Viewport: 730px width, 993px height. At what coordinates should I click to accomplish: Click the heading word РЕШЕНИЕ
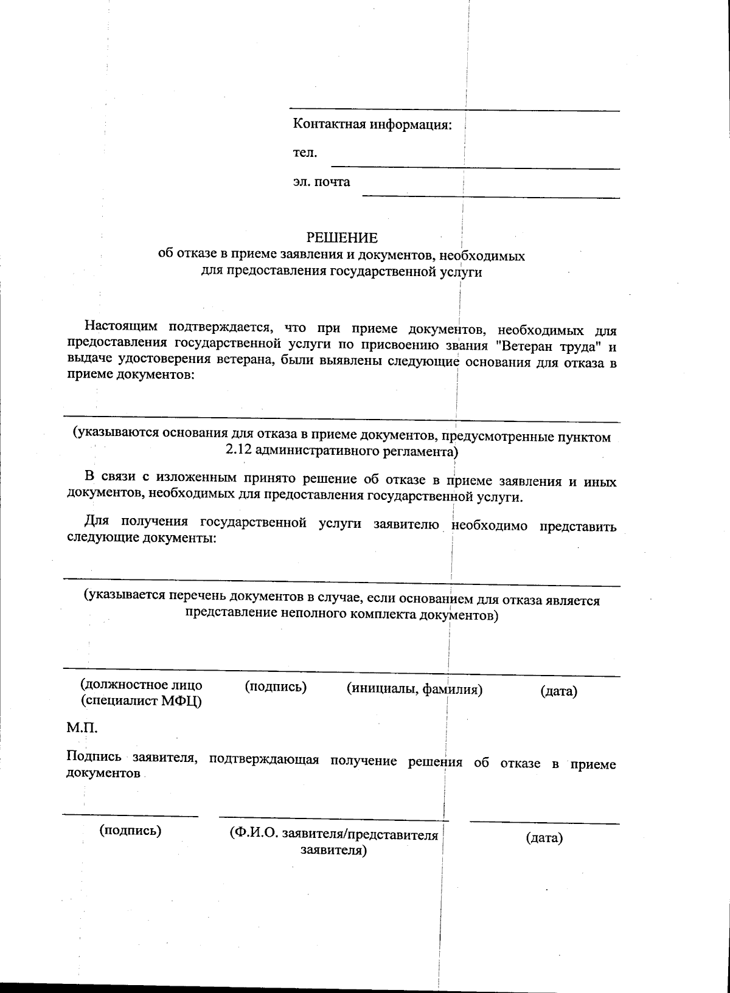coord(341,237)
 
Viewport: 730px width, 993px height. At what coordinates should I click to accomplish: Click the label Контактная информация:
coord(372,125)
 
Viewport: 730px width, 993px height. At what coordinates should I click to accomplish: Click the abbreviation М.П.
coord(82,728)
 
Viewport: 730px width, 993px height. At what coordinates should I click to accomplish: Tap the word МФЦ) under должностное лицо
coord(182,701)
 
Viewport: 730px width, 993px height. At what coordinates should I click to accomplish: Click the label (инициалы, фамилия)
coord(414,688)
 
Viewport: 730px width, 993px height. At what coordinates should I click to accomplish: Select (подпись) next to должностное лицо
coord(275,687)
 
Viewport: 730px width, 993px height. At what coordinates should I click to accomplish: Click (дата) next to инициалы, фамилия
coord(558,691)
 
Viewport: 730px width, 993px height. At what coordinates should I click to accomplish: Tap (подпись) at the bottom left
coord(130,830)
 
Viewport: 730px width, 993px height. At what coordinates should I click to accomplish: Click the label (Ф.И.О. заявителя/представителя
coord(333,834)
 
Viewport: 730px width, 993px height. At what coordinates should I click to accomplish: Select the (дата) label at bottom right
coord(544,838)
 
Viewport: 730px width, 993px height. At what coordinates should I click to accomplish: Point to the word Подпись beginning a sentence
coord(95,758)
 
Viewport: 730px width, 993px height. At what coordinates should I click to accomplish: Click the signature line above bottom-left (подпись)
coord(130,815)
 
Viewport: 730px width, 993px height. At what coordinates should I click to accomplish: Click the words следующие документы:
coord(142,538)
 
